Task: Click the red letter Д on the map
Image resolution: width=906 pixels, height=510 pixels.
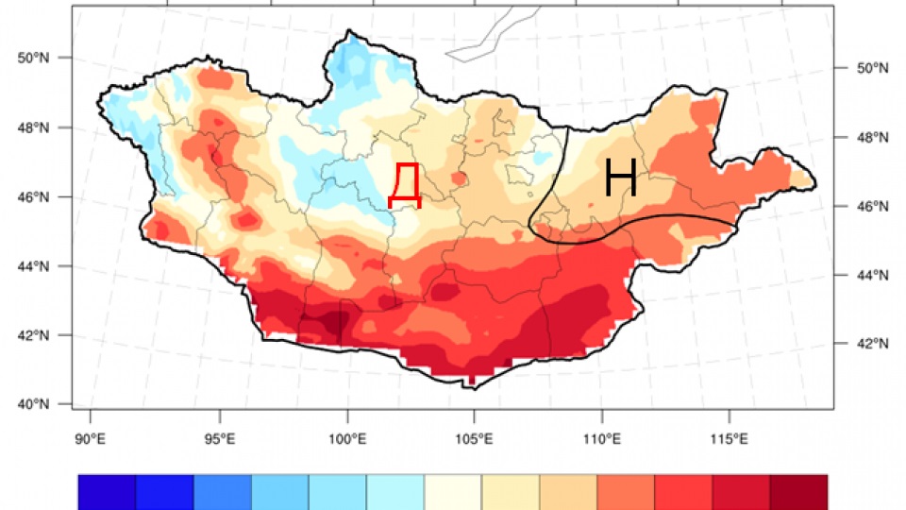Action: tap(405, 184)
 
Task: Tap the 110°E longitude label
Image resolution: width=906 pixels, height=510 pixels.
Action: tap(602, 439)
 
